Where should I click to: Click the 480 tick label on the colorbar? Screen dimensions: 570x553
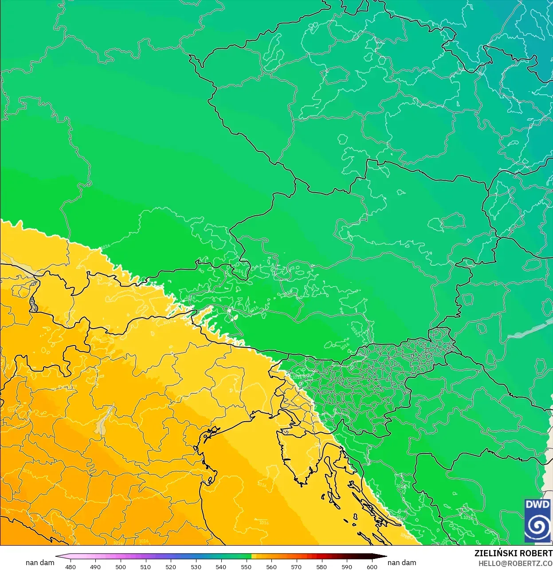[70, 566]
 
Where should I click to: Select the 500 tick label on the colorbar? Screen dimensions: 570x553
[121, 566]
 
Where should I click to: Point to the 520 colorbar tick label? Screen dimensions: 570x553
[171, 566]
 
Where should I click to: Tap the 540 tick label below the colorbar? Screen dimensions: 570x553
[221, 566]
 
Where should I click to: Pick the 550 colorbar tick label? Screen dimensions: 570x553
[246, 566]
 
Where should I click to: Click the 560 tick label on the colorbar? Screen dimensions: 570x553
[271, 566]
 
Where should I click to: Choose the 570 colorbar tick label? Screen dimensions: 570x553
[296, 566]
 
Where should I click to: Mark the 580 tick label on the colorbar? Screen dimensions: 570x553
[322, 566]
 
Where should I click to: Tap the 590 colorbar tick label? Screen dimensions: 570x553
[347, 566]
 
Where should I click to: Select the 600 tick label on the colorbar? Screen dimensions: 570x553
[372, 566]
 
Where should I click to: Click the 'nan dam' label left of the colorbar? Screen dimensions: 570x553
[40, 562]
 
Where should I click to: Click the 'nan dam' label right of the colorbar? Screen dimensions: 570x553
[402, 562]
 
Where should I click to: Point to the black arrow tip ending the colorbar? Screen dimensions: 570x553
[384, 557]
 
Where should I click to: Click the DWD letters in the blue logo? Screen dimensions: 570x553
[537, 504]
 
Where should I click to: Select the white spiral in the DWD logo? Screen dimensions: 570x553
[537, 525]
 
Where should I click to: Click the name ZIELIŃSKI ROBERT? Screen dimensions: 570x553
[513, 553]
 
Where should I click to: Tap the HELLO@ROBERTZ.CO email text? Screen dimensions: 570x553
[515, 563]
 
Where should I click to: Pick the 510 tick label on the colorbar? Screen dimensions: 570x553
[145, 566]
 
